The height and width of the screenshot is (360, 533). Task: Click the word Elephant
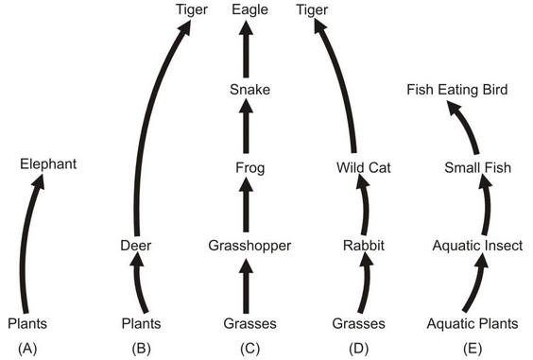click(48, 164)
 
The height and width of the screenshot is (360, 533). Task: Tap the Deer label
click(136, 245)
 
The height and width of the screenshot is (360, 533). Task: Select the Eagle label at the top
click(250, 10)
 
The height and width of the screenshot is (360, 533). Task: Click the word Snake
click(250, 90)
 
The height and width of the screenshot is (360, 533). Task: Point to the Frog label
click(250, 168)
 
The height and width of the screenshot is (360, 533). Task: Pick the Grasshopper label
click(249, 246)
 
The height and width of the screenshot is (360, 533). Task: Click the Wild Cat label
click(364, 168)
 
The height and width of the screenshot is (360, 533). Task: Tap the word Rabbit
click(364, 246)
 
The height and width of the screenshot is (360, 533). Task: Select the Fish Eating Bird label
click(457, 90)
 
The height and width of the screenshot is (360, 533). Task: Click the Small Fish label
click(477, 168)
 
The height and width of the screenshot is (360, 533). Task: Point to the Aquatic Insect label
click(477, 246)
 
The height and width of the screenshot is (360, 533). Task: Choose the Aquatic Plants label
click(472, 324)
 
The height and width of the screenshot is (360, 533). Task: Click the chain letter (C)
click(250, 349)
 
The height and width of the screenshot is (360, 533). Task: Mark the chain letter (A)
click(28, 349)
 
